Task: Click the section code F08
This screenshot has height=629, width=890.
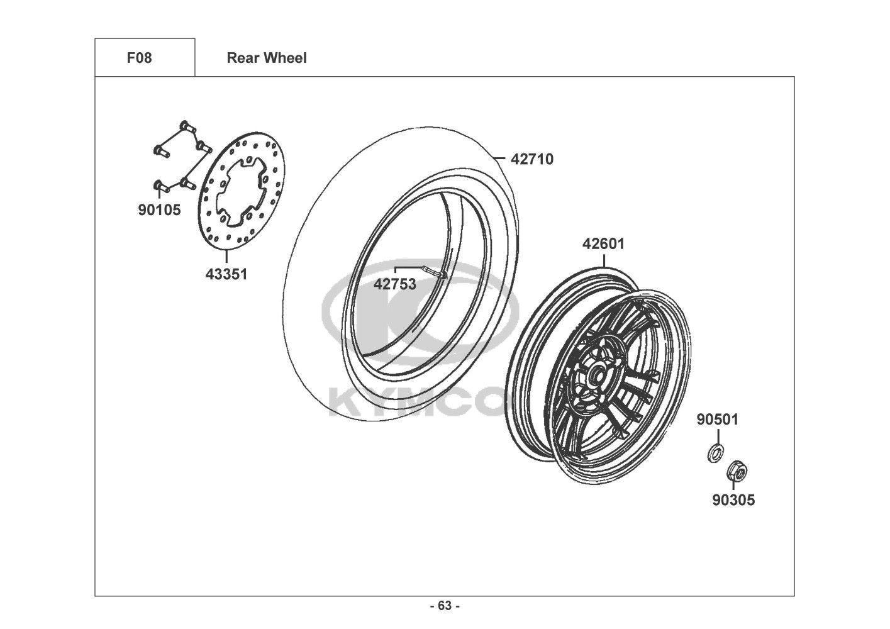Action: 139,58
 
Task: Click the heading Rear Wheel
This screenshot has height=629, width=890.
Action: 267,58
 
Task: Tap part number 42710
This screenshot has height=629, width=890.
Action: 532,159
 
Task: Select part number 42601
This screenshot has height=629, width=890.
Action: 604,243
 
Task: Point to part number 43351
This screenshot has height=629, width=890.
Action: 226,274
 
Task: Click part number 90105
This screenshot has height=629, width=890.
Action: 159,210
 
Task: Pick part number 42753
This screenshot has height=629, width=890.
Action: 394,284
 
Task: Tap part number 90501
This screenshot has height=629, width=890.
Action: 717,420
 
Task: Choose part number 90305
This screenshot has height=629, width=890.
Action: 733,500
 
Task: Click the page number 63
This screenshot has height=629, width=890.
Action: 445,606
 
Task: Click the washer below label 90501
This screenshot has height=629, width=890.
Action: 716,454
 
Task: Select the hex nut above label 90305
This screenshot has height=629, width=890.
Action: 737,472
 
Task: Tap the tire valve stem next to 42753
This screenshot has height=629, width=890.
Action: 435,272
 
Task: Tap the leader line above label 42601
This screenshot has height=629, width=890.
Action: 604,260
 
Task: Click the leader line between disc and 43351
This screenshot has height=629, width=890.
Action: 226,257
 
